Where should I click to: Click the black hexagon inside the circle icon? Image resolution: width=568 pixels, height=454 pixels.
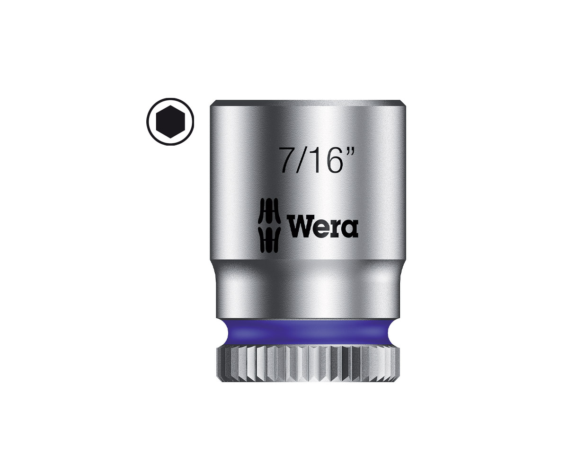170,122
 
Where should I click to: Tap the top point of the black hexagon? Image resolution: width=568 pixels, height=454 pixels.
170,105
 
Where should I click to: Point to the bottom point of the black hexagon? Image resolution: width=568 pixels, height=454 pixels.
170,138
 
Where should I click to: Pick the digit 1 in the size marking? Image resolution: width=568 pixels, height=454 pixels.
313,160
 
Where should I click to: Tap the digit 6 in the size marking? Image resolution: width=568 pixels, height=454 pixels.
331,160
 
